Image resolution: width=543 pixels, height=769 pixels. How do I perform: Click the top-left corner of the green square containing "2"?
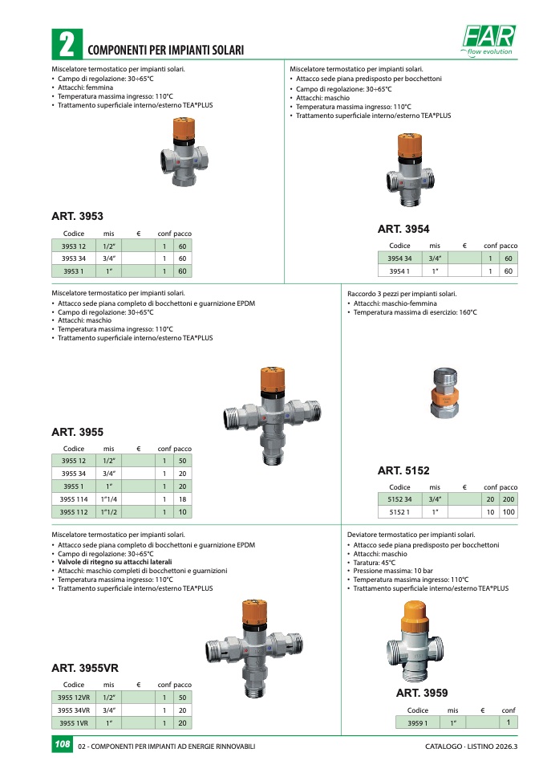tap(52, 30)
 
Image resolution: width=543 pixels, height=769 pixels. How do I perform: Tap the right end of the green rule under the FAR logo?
tap(517, 59)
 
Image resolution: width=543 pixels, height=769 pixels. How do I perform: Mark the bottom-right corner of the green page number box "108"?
tap(73, 753)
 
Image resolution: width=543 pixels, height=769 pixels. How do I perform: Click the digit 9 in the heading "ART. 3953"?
tap(87, 216)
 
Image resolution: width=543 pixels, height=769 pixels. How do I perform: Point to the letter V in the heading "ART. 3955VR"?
tap(107, 668)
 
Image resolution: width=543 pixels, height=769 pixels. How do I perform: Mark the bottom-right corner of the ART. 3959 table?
tap(517, 729)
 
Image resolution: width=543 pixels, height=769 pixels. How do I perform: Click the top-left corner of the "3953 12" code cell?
tap(52, 239)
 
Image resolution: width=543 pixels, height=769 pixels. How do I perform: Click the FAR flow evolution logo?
tap(488, 40)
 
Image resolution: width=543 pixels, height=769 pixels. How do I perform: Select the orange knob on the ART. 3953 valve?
tap(184, 128)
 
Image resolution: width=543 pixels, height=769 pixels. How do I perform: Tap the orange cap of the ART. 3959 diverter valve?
tap(415, 616)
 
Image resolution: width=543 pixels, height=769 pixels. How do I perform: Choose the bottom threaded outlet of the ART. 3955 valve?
tap(270, 457)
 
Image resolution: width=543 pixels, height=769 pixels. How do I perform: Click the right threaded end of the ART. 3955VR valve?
tap(294, 644)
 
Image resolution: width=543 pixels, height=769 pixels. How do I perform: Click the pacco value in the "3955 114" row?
tap(182, 499)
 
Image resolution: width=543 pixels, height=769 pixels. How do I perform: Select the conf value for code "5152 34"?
tap(490, 499)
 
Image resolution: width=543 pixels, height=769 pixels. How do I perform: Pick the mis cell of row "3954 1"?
tap(435, 271)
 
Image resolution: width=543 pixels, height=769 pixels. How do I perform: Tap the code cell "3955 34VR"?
tap(74, 710)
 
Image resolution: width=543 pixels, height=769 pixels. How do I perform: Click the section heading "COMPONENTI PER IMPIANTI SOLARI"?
tap(166, 50)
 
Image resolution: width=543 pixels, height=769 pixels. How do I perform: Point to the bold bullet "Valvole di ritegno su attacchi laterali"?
tap(115, 562)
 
